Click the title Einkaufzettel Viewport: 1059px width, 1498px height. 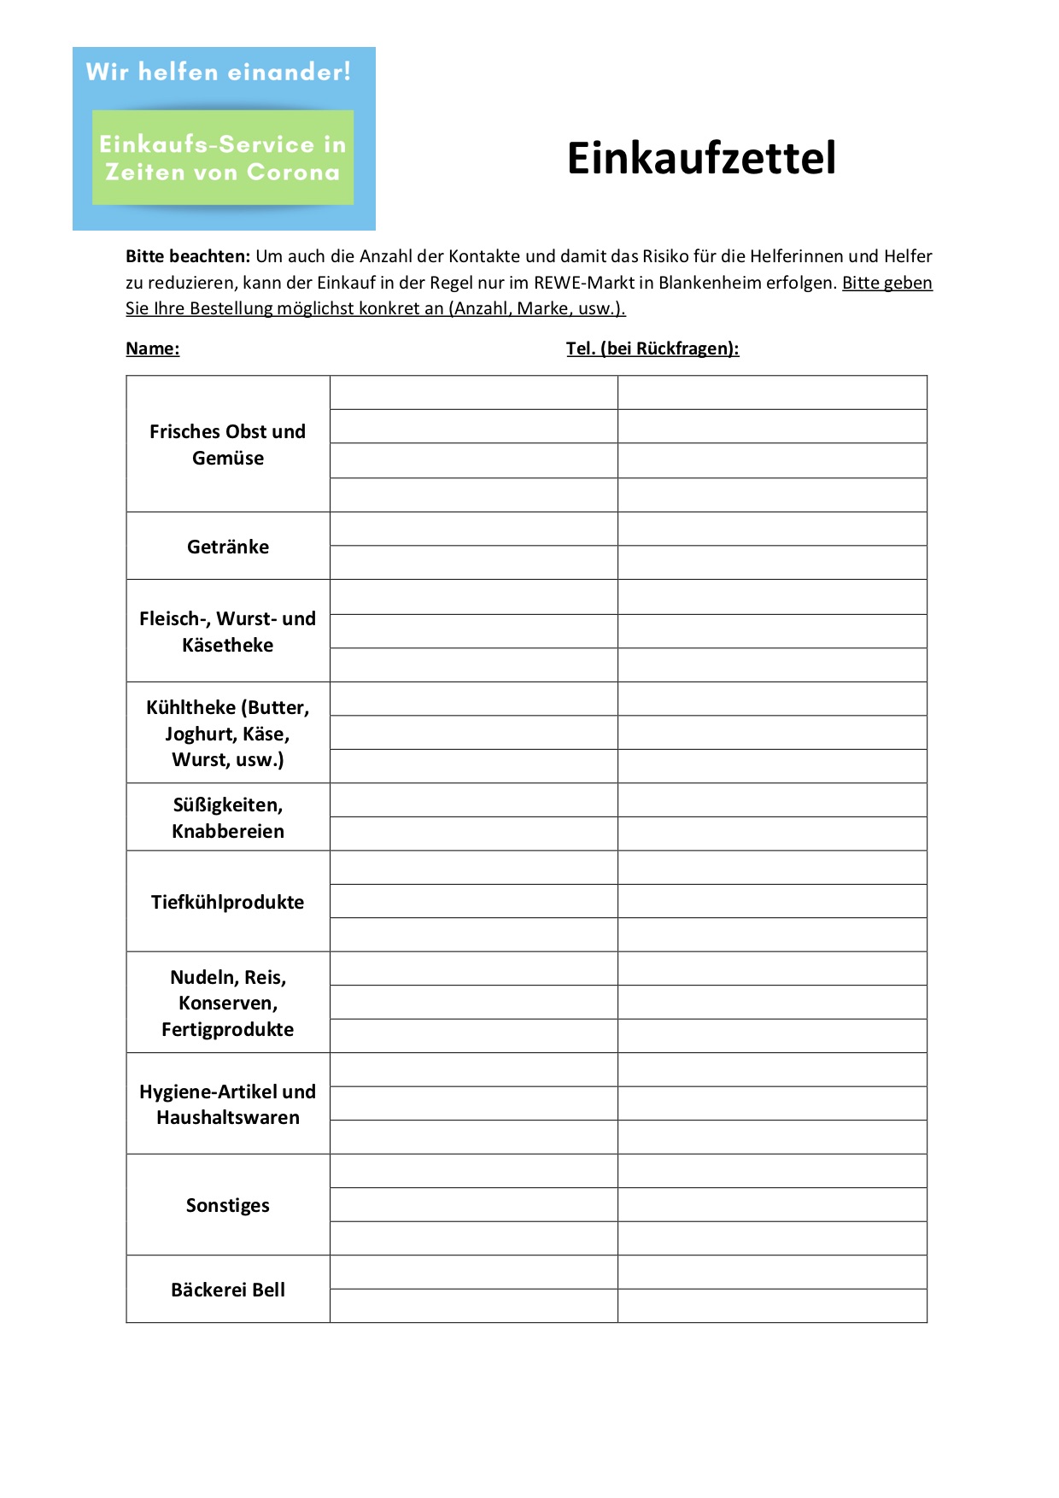click(701, 159)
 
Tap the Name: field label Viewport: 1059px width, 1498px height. click(152, 348)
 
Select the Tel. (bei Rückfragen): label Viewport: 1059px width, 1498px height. click(652, 348)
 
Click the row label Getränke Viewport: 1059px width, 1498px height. click(228, 547)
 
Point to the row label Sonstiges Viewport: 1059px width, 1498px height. click(228, 1205)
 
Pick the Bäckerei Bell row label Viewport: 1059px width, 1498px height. click(228, 1290)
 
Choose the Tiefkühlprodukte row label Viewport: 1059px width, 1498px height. click(228, 902)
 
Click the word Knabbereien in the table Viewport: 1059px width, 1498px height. click(228, 831)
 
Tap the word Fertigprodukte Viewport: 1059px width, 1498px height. click(228, 1029)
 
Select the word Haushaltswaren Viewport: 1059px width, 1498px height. click(228, 1117)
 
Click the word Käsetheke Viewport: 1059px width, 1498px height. click(228, 645)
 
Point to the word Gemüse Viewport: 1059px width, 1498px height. click(228, 458)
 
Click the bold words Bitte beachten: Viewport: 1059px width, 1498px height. click(188, 256)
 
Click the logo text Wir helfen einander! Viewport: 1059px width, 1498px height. click(219, 72)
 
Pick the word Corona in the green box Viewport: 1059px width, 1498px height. click(293, 173)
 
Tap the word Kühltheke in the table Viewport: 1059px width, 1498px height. click(190, 707)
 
